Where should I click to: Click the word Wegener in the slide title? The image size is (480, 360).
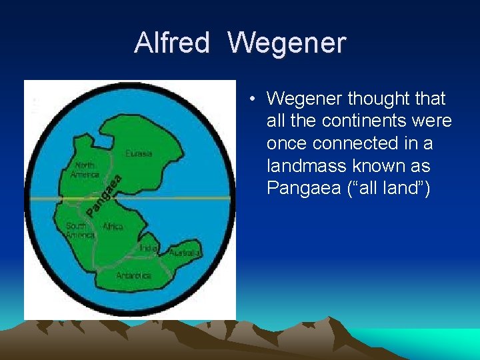(x=287, y=43)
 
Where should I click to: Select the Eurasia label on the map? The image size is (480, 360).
(x=139, y=153)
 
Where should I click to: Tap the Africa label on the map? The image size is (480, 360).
(x=113, y=227)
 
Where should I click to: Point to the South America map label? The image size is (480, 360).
(x=79, y=231)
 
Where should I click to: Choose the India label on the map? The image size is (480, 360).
(x=148, y=248)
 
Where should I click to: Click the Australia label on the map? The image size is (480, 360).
(x=184, y=253)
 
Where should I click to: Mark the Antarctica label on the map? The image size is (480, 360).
(x=134, y=275)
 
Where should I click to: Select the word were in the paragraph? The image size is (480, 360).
(x=433, y=121)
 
